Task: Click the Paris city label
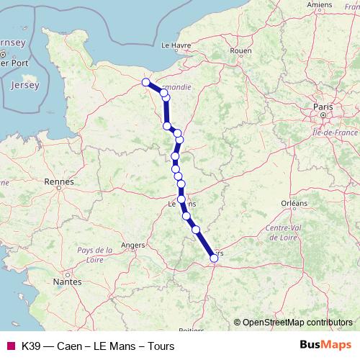click(x=323, y=107)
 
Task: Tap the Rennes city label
click(x=58, y=182)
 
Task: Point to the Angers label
click(x=133, y=245)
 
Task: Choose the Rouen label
click(x=241, y=51)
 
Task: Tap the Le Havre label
click(x=175, y=45)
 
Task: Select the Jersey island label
click(x=25, y=85)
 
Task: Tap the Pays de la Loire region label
click(x=95, y=254)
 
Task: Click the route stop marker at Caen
click(x=146, y=82)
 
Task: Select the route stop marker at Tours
click(x=214, y=257)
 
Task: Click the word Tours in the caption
click(x=160, y=346)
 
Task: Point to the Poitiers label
click(x=190, y=330)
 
